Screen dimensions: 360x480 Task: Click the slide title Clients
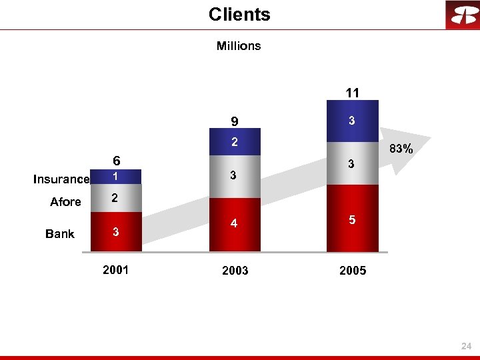pyautogui.click(x=239, y=15)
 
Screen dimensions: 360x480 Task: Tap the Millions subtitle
pyautogui.click(x=239, y=46)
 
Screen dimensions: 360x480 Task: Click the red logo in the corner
pyautogui.click(x=462, y=15)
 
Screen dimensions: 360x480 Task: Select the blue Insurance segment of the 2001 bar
pyautogui.click(x=115, y=178)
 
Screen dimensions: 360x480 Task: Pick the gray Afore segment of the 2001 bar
pyautogui.click(x=115, y=199)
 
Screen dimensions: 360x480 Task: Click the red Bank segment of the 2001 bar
pyautogui.click(x=115, y=232)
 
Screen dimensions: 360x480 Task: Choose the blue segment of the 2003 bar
pyautogui.click(x=235, y=142)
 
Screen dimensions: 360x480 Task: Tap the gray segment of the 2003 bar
pyautogui.click(x=235, y=176)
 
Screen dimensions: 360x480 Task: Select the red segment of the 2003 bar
pyautogui.click(x=235, y=225)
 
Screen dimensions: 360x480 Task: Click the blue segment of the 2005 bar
pyautogui.click(x=352, y=121)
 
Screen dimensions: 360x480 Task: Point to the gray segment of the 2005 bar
pyautogui.click(x=352, y=163)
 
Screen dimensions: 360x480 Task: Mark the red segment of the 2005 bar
pyautogui.click(x=352, y=219)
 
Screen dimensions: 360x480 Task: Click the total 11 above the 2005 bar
pyautogui.click(x=352, y=93)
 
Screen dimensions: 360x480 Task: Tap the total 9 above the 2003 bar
pyautogui.click(x=235, y=121)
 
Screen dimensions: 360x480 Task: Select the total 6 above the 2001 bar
pyautogui.click(x=116, y=161)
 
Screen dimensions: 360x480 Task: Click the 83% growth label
pyautogui.click(x=401, y=150)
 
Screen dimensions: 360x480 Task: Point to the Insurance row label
pyautogui.click(x=61, y=179)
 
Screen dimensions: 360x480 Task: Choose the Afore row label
pyautogui.click(x=65, y=202)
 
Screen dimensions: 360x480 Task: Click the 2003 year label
pyautogui.click(x=235, y=271)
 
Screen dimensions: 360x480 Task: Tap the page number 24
pyautogui.click(x=466, y=347)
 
